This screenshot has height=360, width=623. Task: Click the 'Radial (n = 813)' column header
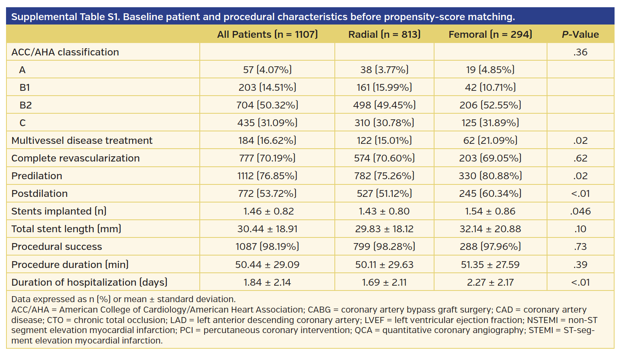(x=384, y=35)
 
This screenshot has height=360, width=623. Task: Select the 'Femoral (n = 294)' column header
(x=490, y=35)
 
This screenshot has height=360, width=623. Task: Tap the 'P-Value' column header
(x=580, y=35)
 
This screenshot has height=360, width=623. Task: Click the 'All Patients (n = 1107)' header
(x=267, y=35)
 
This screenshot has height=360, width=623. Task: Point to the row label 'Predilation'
(x=37, y=176)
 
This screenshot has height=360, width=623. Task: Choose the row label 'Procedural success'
(x=57, y=247)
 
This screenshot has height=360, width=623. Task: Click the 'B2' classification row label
(x=26, y=105)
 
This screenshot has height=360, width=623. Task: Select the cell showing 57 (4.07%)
(x=267, y=70)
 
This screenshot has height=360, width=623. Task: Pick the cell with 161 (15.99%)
(x=384, y=88)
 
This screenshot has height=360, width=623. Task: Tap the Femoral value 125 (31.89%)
(x=490, y=123)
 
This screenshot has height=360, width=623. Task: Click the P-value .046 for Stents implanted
(x=580, y=211)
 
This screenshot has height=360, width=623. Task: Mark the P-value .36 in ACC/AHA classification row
(x=580, y=52)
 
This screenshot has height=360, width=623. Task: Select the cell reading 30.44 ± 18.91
(x=267, y=229)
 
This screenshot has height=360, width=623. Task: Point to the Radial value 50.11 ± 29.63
(x=384, y=265)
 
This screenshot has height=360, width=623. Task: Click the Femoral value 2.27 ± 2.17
(x=490, y=282)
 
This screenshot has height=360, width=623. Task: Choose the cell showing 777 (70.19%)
(x=267, y=158)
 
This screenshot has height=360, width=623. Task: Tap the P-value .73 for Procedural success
(x=580, y=247)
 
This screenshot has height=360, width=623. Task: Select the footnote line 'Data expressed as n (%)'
(x=123, y=299)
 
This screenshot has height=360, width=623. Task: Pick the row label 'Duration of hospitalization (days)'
(x=89, y=282)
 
